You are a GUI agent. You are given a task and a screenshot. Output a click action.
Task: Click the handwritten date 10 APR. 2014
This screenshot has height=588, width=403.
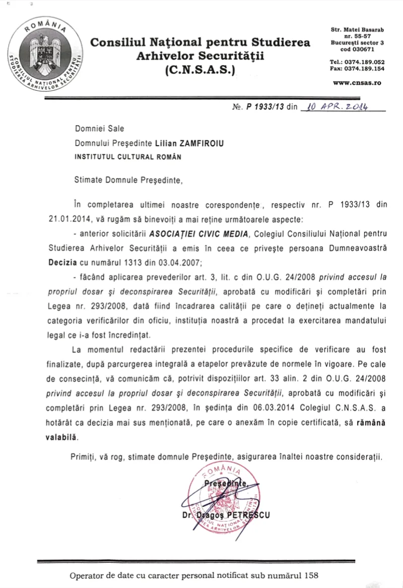(335, 106)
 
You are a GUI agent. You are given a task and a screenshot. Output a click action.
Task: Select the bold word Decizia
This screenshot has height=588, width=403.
(63, 262)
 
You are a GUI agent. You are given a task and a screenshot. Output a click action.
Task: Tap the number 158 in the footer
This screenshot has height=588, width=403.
(312, 575)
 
